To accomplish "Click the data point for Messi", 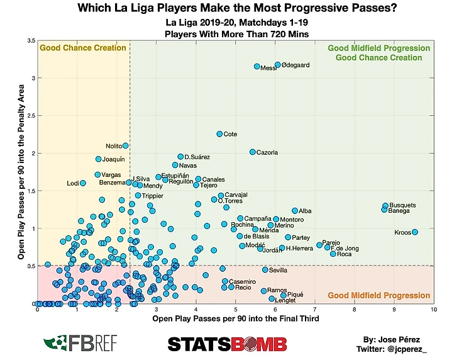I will pos(257,67).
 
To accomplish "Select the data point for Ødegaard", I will pos(277,65).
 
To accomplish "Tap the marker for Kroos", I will pos(415,232).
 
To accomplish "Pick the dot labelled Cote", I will pos(219,134).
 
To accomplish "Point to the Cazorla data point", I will pos(253,152).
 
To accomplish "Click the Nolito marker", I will pos(125,146).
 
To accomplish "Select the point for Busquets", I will pos(385,206).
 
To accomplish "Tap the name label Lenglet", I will pos(284,301).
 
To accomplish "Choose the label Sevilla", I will pos(278,270).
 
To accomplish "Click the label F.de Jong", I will pos(345,248).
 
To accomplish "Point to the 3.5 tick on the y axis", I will pos(31,41).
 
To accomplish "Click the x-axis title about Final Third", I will pos(236,319).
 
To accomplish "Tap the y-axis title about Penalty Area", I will pos(21,172).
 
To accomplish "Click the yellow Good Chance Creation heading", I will pos(82,48).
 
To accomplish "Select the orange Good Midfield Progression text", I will pos(379,296).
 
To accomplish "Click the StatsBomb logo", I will pos(227,344).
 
